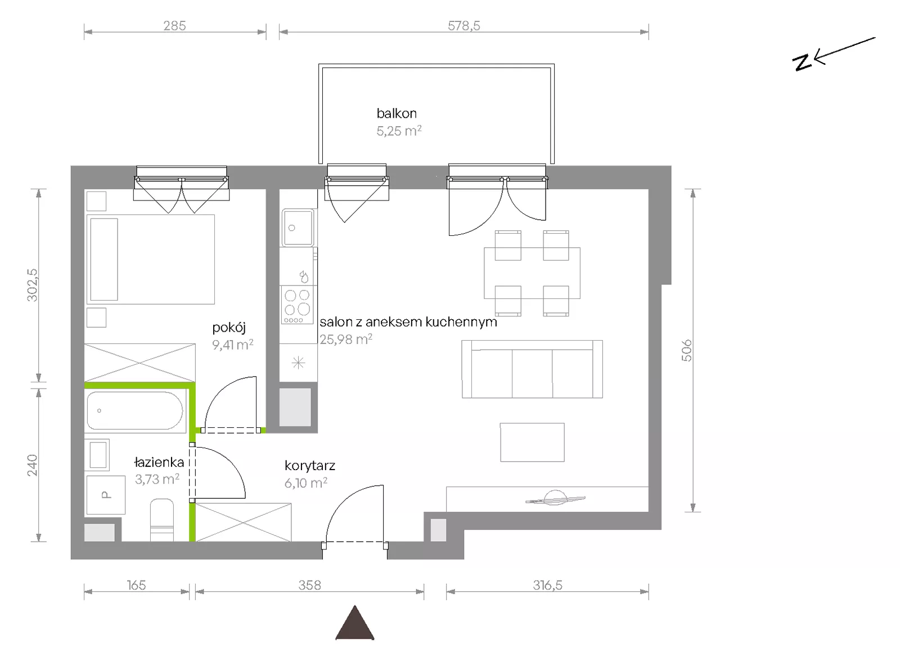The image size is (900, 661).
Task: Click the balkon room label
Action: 397,113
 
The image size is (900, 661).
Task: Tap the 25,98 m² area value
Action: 346,340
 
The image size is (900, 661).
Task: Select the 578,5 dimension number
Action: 464,26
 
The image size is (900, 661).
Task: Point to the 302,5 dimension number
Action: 32,285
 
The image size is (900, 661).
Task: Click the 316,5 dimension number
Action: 548,585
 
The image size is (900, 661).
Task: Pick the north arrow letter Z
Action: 802,63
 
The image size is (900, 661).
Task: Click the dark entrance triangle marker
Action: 355,622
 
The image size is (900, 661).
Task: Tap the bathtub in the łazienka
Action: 135,410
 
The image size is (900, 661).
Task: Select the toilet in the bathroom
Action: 162,520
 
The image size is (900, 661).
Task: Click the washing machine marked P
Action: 106,495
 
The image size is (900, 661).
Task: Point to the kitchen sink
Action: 298,227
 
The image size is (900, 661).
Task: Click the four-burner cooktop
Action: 298,305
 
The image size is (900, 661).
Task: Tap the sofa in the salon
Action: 532,369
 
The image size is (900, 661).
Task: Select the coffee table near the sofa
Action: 532,443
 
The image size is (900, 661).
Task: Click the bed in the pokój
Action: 151,260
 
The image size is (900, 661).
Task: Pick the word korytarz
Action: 310,466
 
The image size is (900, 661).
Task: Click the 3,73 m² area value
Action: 157,479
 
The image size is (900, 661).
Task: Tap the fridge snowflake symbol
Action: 298,363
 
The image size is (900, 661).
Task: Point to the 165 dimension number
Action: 136,585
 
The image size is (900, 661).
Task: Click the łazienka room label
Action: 159,462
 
